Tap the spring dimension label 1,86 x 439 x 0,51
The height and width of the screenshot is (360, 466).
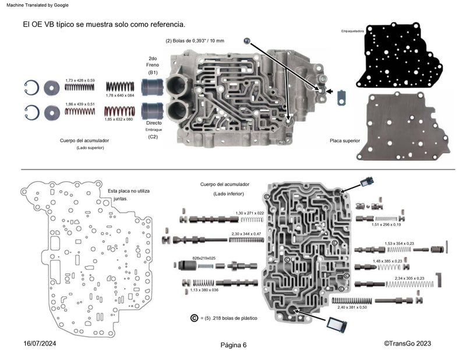tap(79, 102)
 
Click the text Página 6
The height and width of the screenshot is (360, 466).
tap(234, 345)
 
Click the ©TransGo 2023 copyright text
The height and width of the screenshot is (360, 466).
tap(407, 344)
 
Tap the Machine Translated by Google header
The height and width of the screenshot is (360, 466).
tap(37, 5)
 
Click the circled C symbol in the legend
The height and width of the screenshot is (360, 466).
tap(195, 318)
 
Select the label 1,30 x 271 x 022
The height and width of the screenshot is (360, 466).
tap(249, 213)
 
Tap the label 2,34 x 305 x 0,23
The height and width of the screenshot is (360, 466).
tap(409, 278)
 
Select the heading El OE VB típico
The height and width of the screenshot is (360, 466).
tap(104, 24)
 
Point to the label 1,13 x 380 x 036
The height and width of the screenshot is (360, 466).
tap(199, 290)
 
